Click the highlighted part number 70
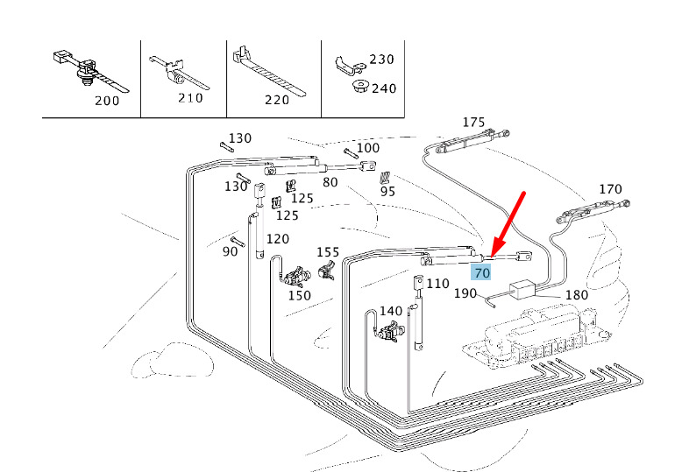[x=481, y=273]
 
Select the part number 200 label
[x=108, y=101]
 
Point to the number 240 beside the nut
[x=384, y=88]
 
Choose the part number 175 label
[x=473, y=122]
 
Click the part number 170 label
[x=610, y=188]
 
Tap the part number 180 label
[x=576, y=295]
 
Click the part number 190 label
[x=465, y=293]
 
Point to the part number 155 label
[x=328, y=252]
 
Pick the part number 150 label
[x=300, y=295]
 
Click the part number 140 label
[x=391, y=311]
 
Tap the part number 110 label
[x=437, y=284]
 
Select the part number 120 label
[x=278, y=239]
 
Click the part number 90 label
[x=230, y=251]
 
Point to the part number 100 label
[x=368, y=148]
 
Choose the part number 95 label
[x=387, y=191]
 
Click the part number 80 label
[x=330, y=183]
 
